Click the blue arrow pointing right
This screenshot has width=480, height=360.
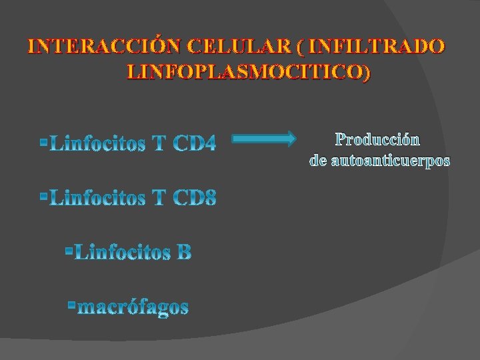click(264, 139)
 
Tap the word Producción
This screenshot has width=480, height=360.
click(377, 139)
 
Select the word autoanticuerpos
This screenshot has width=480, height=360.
click(390, 161)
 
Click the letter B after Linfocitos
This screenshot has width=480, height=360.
click(184, 253)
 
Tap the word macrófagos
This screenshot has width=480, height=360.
click(133, 307)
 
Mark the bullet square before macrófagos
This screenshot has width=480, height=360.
click(71, 305)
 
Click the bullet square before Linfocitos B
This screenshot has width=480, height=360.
click(69, 251)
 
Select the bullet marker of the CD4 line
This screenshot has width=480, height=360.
click(43, 141)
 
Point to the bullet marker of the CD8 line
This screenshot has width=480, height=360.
click(43, 196)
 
